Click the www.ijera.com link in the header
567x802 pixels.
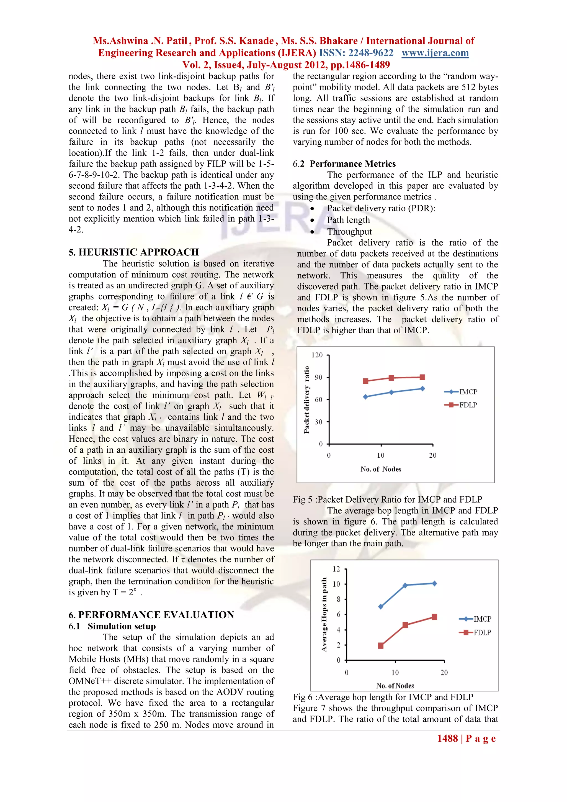pyautogui.click(x=435, y=53)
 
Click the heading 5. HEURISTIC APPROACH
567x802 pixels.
pyautogui.click(x=133, y=252)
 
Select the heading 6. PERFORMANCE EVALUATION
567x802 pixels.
pyautogui.click(x=151, y=615)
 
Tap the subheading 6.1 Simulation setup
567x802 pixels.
pyautogui.click(x=112, y=626)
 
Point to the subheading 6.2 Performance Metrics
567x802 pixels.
pyautogui.click(x=344, y=164)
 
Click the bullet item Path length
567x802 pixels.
pyautogui.click(x=348, y=220)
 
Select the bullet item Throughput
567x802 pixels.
pyautogui.click(x=349, y=232)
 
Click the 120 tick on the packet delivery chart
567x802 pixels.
pyautogui.click(x=317, y=355)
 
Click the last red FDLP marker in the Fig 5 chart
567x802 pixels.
pyautogui.click(x=422, y=377)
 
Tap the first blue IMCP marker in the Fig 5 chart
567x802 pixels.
pyautogui.click(x=365, y=397)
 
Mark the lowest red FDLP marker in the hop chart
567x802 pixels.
pyautogui.click(x=381, y=645)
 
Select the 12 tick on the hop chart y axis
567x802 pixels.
pyautogui.click(x=336, y=569)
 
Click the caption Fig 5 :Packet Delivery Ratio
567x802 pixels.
pyautogui.click(x=387, y=499)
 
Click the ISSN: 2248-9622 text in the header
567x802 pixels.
pyautogui.click(x=356, y=53)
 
